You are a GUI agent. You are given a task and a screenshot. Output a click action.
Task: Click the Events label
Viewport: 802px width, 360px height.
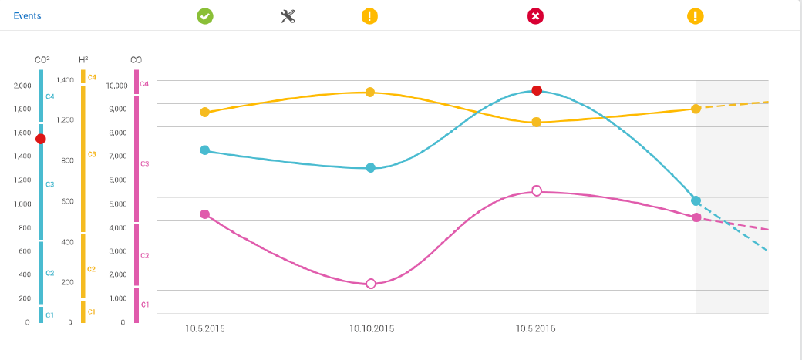pos(27,15)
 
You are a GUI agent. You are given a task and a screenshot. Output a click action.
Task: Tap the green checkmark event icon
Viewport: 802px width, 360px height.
pos(205,15)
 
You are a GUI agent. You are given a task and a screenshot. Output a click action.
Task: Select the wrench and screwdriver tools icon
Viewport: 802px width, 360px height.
pos(288,15)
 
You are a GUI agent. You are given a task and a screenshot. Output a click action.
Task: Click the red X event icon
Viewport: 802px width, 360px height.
pos(536,15)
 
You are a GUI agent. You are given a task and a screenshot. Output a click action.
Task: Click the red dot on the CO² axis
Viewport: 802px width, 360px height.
pos(41,139)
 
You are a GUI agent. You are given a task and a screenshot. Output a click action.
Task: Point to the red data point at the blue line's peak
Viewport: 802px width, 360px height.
pos(537,91)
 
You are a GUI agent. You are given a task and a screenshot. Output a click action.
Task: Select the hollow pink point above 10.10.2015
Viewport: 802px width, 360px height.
pos(371,284)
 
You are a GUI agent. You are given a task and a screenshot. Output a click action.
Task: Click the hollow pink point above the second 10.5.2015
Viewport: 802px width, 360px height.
pos(537,190)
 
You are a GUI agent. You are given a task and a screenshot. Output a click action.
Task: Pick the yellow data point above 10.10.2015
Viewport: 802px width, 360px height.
pos(370,93)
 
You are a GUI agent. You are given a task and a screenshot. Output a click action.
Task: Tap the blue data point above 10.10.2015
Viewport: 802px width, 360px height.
pos(370,167)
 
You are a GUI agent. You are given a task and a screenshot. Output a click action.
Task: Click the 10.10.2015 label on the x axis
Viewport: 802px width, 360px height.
pos(372,329)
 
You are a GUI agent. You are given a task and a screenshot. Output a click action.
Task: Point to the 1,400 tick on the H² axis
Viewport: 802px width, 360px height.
pos(66,80)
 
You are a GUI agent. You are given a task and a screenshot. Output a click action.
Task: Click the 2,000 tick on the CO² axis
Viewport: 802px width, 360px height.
pos(22,86)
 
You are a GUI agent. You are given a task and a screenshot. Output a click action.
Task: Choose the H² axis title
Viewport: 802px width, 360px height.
pos(83,59)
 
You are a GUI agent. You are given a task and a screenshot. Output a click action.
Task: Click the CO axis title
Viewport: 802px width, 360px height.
pos(136,59)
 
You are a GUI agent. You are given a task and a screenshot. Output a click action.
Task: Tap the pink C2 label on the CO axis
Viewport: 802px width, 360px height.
pos(144,255)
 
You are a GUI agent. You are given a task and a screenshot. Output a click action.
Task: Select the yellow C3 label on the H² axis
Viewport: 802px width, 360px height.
pos(92,155)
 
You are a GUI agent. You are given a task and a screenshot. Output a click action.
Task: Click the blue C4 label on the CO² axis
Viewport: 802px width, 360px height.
pos(50,97)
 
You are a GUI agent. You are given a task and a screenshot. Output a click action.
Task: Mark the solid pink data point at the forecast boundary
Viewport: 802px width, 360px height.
pos(696,217)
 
